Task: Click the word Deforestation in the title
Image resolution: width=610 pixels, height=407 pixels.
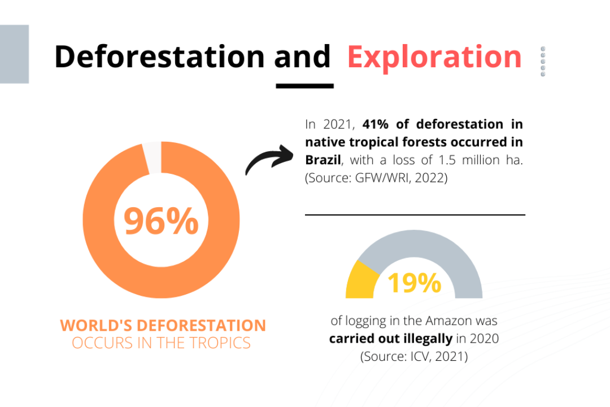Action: pyautogui.click(x=159, y=57)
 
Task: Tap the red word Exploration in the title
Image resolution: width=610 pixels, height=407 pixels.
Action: pyautogui.click(x=434, y=58)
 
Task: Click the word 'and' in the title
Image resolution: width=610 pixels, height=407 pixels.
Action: pyautogui.click(x=302, y=57)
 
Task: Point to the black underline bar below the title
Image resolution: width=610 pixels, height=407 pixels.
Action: pyautogui.click(x=304, y=86)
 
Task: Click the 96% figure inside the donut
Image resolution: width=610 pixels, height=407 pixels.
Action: pyautogui.click(x=161, y=221)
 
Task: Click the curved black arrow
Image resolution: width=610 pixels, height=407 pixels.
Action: pyautogui.click(x=269, y=159)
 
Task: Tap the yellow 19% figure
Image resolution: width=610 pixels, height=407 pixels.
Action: pyautogui.click(x=415, y=283)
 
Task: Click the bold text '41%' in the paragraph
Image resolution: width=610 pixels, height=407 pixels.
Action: pyautogui.click(x=376, y=124)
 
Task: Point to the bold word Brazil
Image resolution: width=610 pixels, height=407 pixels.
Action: pyautogui.click(x=323, y=160)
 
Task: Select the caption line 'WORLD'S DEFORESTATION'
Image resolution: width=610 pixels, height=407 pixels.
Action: pyautogui.click(x=163, y=326)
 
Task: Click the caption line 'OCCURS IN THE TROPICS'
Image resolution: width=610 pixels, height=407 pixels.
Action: pyautogui.click(x=161, y=343)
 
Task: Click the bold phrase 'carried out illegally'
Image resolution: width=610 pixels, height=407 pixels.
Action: pyautogui.click(x=391, y=339)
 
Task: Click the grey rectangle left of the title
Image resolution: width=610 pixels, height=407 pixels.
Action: pyautogui.click(x=14, y=54)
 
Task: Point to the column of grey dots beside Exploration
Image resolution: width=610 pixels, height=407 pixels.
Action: pyautogui.click(x=543, y=62)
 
